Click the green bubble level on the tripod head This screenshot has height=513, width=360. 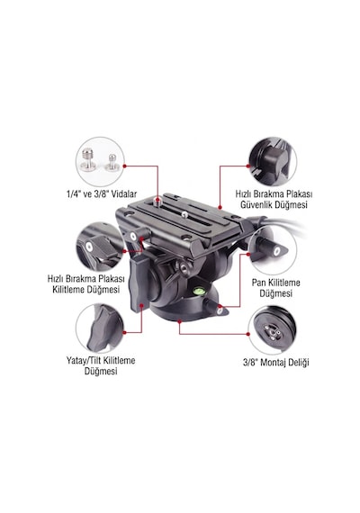[x=199, y=289]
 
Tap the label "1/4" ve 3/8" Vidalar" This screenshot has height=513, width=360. [x=102, y=194]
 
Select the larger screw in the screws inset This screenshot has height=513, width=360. [x=88, y=161]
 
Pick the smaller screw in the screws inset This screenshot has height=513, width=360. [x=112, y=163]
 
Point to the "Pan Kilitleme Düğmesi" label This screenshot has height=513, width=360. [x=276, y=288]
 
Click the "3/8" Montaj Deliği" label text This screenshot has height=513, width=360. [x=276, y=362]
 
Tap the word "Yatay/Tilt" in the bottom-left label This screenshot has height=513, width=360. [x=85, y=361]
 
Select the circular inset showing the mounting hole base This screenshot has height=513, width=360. [x=273, y=330]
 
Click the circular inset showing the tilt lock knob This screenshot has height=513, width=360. [x=100, y=328]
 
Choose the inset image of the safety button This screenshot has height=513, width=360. [x=273, y=162]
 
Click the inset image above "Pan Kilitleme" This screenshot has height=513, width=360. [x=273, y=249]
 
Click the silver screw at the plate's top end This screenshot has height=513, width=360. [x=158, y=201]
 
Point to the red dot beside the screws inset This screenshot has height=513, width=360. [x=124, y=166]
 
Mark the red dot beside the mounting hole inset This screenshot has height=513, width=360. [x=248, y=334]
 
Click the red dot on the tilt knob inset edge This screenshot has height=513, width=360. [x=124, y=332]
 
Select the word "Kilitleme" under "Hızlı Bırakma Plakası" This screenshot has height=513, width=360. [x=68, y=290]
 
